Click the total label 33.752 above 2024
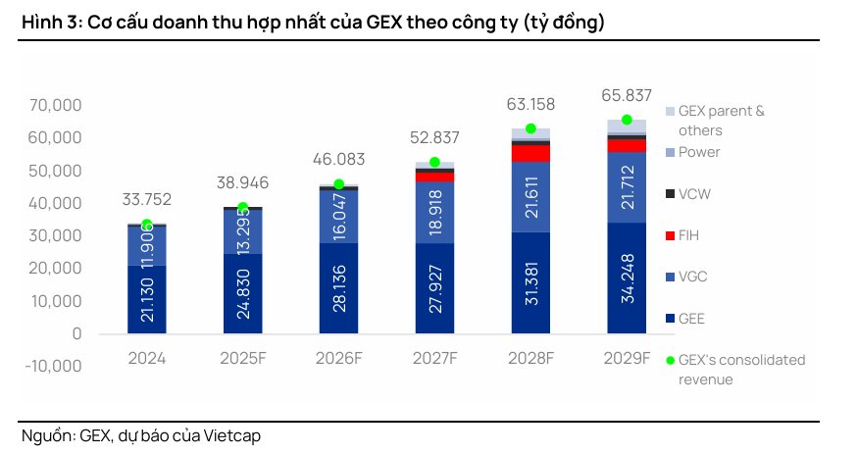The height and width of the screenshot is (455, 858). point(146,199)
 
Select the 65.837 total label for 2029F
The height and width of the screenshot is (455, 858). point(626,95)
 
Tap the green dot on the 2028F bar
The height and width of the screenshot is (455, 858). point(530,128)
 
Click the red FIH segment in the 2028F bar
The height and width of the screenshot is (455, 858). point(530,153)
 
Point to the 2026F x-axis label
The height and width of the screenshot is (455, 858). point(338,358)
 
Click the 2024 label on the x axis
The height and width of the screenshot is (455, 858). point(146,358)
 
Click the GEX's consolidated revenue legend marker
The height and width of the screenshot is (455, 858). point(670,360)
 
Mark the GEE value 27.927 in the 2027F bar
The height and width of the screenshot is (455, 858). point(434,289)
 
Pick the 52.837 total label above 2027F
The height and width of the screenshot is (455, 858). point(433,137)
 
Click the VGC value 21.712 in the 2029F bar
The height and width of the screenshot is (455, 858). point(627,186)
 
